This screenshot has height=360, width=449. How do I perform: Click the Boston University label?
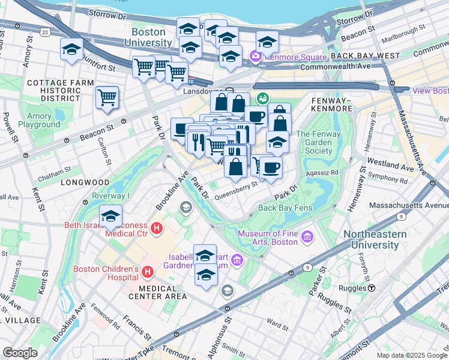click(148, 37)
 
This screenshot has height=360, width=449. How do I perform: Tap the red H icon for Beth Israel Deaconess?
click(157, 228)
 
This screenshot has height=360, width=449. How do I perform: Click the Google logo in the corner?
click(20, 353)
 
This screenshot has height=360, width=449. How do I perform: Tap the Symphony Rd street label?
click(388, 179)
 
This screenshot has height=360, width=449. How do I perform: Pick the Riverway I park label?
click(111, 196)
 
